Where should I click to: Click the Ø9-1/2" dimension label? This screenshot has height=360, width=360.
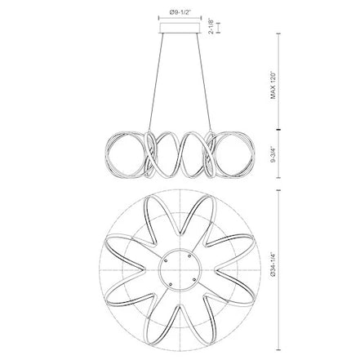click(180, 12)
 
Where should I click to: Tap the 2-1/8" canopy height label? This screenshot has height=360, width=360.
click(211, 26)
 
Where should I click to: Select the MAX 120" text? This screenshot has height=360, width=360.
click(273, 86)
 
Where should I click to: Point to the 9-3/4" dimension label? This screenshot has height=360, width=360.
click(273, 154)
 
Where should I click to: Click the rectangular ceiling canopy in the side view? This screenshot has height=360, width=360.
click(180, 28)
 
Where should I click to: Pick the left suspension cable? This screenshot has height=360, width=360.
click(156, 82)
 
